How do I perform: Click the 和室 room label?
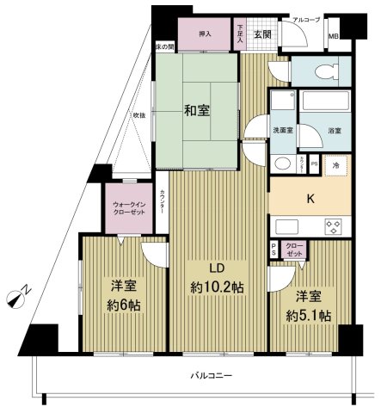197,110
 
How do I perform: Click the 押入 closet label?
205,34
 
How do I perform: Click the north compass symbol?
17,298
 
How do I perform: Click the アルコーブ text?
305,18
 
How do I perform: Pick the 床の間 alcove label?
165,46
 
